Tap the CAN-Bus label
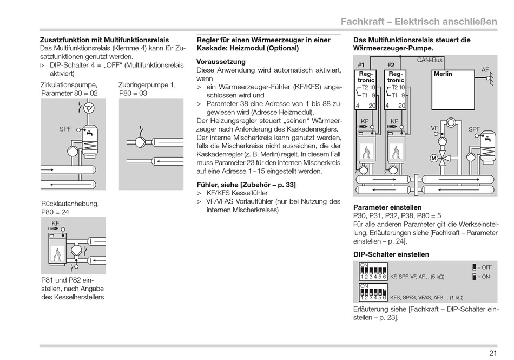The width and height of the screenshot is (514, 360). pos(430,60)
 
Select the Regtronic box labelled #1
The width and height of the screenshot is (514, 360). pos(366,89)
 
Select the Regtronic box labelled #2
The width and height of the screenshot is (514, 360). pos(396,89)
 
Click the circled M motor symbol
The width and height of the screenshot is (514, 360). pos(433,158)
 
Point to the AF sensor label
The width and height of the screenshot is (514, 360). pos(485,70)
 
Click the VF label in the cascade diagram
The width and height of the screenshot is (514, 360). pos(434,128)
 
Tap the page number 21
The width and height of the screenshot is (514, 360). pos(493,353)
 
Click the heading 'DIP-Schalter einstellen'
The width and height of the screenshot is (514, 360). pos(391,254)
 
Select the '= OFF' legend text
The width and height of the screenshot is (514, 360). pos(484,267)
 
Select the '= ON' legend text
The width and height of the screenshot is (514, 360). pos(483,276)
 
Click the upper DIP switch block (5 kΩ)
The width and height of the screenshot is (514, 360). pos(373,271)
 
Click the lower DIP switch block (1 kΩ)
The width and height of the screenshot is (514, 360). pos(373,292)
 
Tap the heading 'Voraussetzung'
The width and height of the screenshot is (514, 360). pos(221,62)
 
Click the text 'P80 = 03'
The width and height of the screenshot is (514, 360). pos(133,93)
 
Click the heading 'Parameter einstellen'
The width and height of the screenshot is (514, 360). pos(387,207)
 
